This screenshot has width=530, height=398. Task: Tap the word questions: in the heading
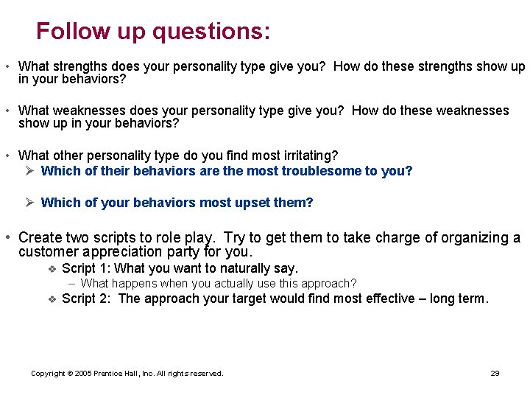(211, 31)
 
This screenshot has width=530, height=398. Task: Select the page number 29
(495, 374)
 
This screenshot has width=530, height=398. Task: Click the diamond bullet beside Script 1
(52, 268)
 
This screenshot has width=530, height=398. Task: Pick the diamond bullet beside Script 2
(52, 298)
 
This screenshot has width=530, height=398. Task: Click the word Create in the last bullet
(40, 237)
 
